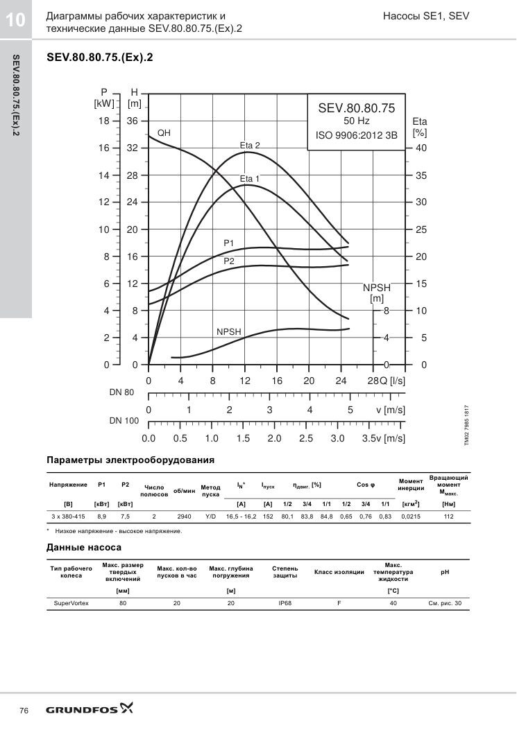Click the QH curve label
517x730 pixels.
(x=164, y=132)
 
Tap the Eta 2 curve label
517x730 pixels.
(x=250, y=146)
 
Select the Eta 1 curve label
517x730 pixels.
(x=250, y=179)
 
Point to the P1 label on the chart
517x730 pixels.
(x=229, y=243)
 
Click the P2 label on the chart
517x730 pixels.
(x=229, y=261)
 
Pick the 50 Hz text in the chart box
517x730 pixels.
(x=357, y=121)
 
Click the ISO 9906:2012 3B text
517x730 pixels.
(x=357, y=135)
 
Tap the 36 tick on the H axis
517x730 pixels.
(x=133, y=121)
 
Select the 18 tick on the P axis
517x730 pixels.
(x=104, y=121)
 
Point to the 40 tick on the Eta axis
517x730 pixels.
(x=421, y=148)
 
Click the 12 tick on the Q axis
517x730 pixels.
(x=245, y=381)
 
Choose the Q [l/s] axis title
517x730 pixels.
(x=391, y=381)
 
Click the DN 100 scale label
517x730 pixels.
(x=124, y=421)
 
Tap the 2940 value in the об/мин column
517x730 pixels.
(x=184, y=516)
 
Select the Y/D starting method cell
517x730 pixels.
(x=211, y=516)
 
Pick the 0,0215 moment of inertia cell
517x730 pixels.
(x=411, y=516)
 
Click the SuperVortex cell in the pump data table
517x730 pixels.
(x=71, y=603)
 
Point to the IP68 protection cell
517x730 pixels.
(x=285, y=603)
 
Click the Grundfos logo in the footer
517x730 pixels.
(x=90, y=709)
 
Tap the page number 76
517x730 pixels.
(x=24, y=711)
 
